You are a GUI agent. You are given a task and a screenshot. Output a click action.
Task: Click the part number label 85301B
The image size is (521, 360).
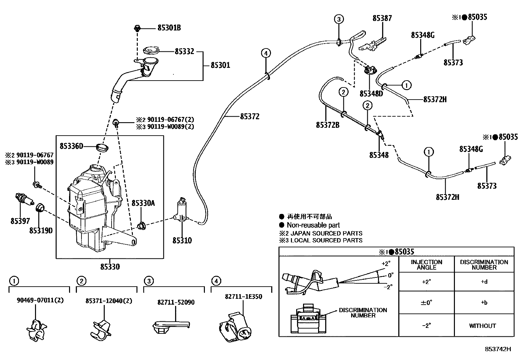pos(169,28)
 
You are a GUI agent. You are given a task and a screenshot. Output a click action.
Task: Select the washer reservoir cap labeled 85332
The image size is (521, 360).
pos(151,50)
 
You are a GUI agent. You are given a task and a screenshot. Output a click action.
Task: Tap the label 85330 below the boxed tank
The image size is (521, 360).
pos(110,266)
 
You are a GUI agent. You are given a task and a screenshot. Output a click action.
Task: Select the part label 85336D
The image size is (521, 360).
pos(71,146)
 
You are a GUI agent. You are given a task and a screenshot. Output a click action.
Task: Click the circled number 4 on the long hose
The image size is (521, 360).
pos(266,53)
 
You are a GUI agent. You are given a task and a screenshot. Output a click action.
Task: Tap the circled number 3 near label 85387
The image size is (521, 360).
pos(339,19)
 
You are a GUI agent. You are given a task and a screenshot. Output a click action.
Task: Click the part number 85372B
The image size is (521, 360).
pos(328,125)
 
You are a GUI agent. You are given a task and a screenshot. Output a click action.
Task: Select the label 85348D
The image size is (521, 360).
pos(371,94)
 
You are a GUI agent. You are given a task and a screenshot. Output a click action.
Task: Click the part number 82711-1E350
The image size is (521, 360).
pos(243,296)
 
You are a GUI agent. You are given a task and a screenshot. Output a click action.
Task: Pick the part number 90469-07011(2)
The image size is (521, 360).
pos(40,300)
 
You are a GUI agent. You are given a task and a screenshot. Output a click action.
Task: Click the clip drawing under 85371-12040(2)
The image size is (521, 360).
pos(101,330)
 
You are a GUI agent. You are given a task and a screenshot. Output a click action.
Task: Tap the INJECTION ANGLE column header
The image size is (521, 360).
pos(426,265)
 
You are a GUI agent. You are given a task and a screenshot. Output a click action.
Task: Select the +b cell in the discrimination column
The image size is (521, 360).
pos(484,302)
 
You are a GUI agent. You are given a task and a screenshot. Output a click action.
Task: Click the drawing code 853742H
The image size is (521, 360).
pos(498,349)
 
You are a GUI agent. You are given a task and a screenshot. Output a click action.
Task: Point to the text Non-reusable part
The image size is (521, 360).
pos(313,225)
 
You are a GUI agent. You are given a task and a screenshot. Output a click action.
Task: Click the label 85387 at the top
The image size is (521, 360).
pos(382,18)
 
